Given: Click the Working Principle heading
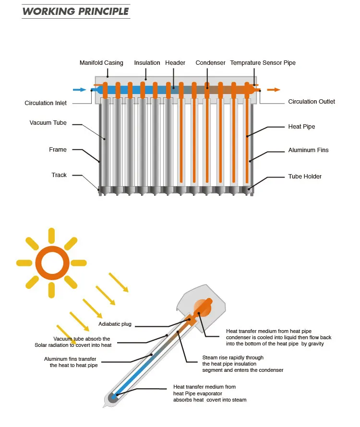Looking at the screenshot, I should [75, 11].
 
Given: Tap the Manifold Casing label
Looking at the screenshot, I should [101, 63].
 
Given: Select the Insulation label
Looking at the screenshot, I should [147, 63].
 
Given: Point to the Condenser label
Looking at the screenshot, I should [210, 63].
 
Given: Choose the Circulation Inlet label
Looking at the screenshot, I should [46, 103].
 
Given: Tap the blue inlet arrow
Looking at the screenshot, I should [79, 90].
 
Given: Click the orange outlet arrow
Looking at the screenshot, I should [274, 90].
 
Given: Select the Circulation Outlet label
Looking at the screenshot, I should [312, 102].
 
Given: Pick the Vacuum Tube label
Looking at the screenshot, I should [48, 123].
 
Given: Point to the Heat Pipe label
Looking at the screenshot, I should [301, 127].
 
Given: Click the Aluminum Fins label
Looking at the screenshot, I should [308, 150].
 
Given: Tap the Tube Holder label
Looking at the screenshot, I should [305, 177].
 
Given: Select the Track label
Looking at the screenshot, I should [59, 175].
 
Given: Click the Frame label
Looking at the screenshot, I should [58, 150].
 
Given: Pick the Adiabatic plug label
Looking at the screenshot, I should [115, 324].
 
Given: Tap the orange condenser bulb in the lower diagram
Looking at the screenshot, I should [201, 308].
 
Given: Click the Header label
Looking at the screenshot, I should [175, 63].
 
